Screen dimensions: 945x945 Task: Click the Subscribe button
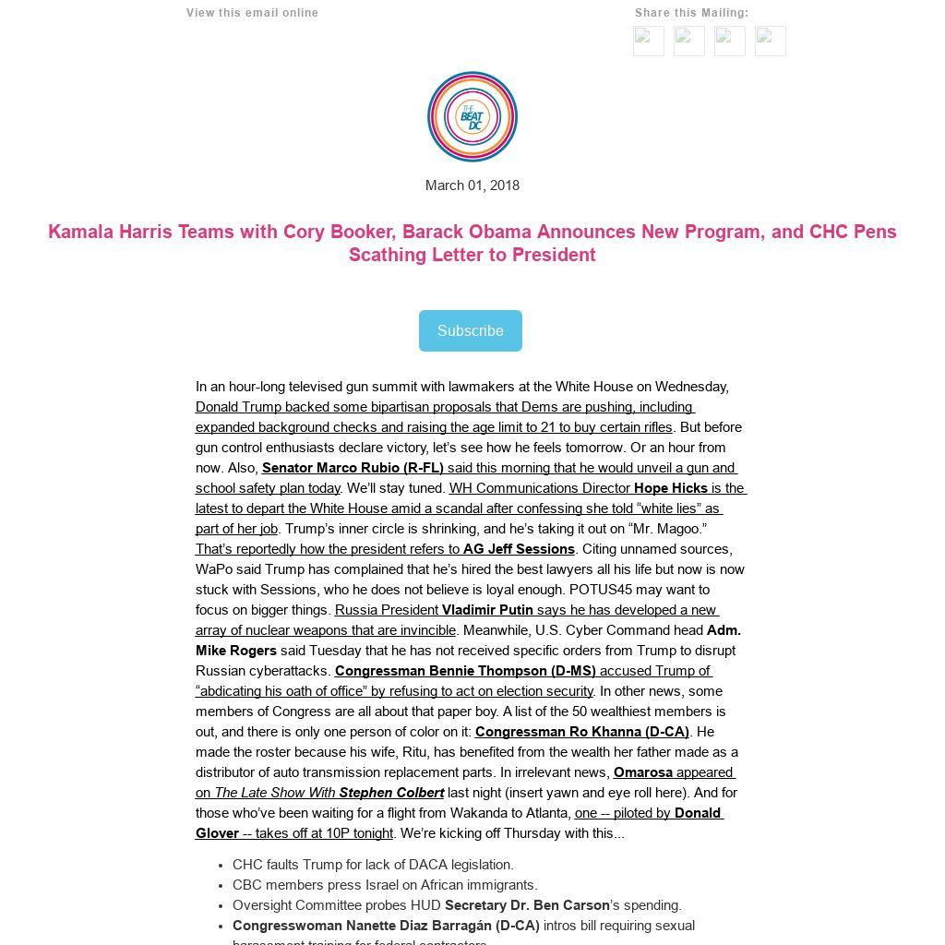point(470,330)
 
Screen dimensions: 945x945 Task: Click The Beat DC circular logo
point(472,116)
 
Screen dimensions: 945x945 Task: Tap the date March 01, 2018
point(472,185)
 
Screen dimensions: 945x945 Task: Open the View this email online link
point(252,13)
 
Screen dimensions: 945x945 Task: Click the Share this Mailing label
point(691,13)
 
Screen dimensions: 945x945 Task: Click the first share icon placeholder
point(649,41)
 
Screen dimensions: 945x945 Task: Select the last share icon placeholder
point(771,41)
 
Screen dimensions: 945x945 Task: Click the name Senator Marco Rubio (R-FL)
point(353,468)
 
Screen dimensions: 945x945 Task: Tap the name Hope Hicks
point(671,488)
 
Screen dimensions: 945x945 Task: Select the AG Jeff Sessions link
point(519,549)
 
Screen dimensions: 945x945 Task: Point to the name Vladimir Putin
point(487,610)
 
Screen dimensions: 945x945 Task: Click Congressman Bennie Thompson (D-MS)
point(465,671)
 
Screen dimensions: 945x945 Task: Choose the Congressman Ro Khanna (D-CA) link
point(581,732)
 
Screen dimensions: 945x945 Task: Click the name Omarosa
point(643,772)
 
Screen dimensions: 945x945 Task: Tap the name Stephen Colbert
point(391,793)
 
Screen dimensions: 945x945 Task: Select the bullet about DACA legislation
point(373,865)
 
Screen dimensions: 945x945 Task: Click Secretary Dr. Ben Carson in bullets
point(527,905)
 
